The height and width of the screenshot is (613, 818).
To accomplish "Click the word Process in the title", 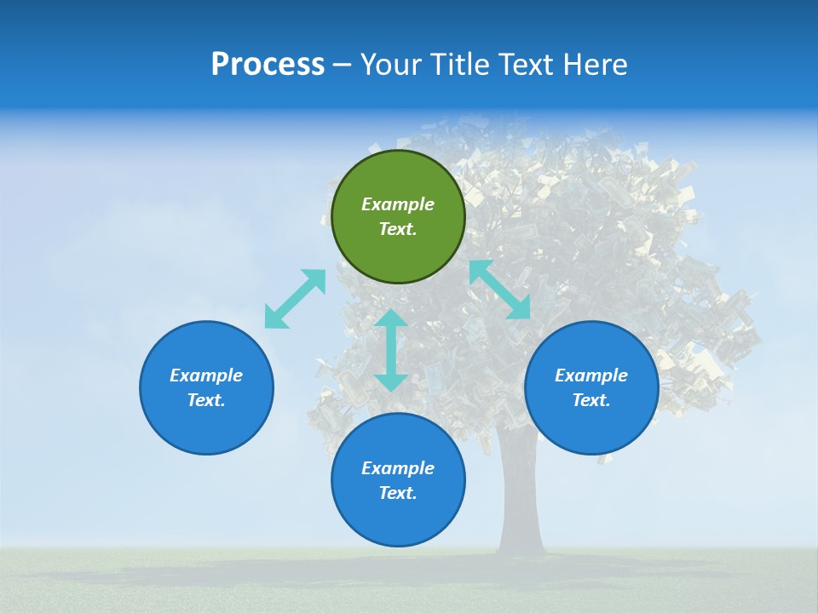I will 268,65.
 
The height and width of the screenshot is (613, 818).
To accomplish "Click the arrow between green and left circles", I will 295,299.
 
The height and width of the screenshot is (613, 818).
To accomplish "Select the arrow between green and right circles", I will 500,289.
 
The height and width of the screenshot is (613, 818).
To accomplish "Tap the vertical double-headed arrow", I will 391,350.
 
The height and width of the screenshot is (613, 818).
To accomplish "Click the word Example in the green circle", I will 398,204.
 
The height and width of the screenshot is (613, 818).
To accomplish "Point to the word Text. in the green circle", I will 398,229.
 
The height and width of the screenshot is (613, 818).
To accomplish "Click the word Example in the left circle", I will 206,375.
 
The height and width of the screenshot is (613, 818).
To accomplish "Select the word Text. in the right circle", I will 591,400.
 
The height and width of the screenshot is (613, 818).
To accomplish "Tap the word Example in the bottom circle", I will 398,468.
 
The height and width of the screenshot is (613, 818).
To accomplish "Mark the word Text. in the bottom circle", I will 398,493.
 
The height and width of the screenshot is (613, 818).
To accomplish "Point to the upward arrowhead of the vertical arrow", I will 391,318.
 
